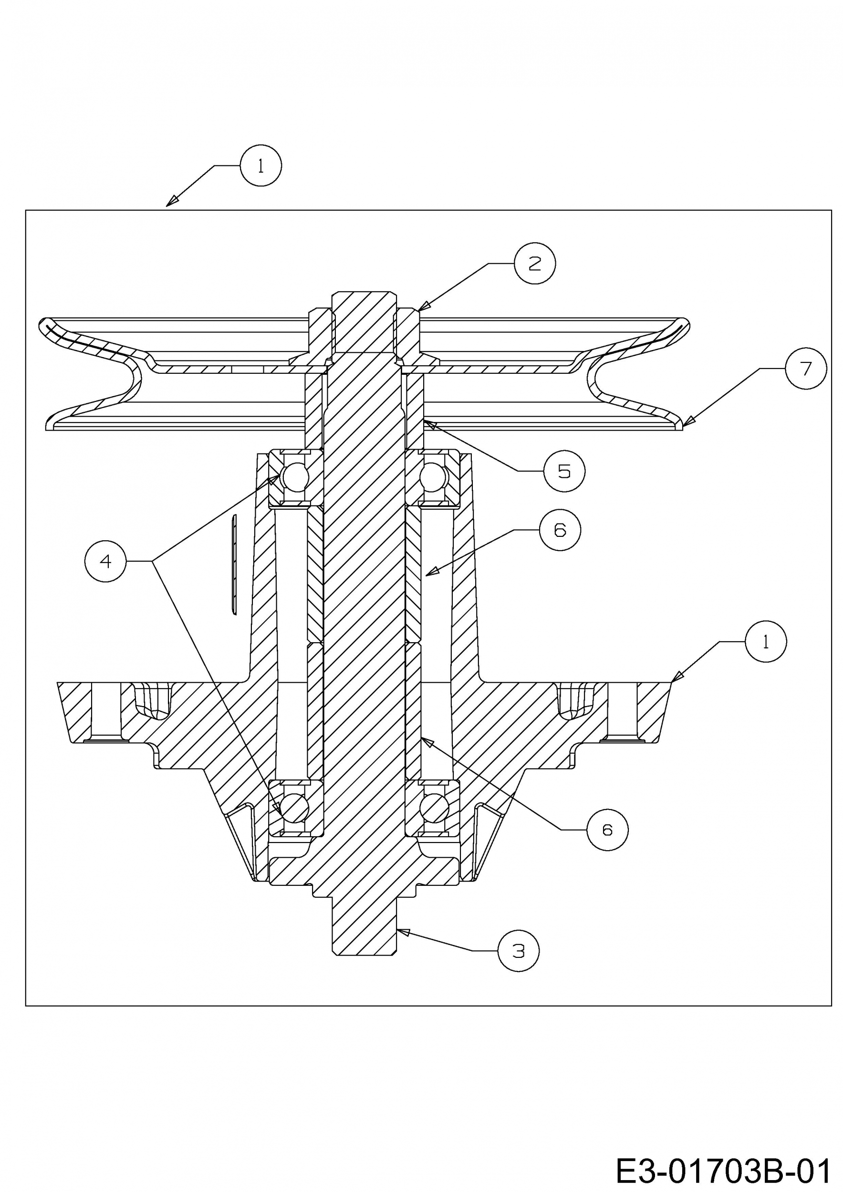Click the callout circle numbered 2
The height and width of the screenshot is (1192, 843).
tap(534, 263)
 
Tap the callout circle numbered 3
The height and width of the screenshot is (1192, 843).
tap(519, 951)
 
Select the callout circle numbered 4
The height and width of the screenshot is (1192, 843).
tap(105, 561)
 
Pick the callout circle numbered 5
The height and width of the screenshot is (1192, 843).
tap(564, 471)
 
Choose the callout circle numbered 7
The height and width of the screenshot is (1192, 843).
tap(806, 368)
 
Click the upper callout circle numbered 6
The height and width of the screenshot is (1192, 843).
tap(560, 530)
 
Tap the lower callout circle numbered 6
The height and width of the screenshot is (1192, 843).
tap(607, 830)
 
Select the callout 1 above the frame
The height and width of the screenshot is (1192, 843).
tap(261, 165)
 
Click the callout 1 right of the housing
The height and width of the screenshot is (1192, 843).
tap(766, 642)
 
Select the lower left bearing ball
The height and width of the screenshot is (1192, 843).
tap(294, 808)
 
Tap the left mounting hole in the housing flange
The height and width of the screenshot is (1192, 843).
tap(106, 711)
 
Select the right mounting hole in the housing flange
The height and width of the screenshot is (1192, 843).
tap(622, 711)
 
